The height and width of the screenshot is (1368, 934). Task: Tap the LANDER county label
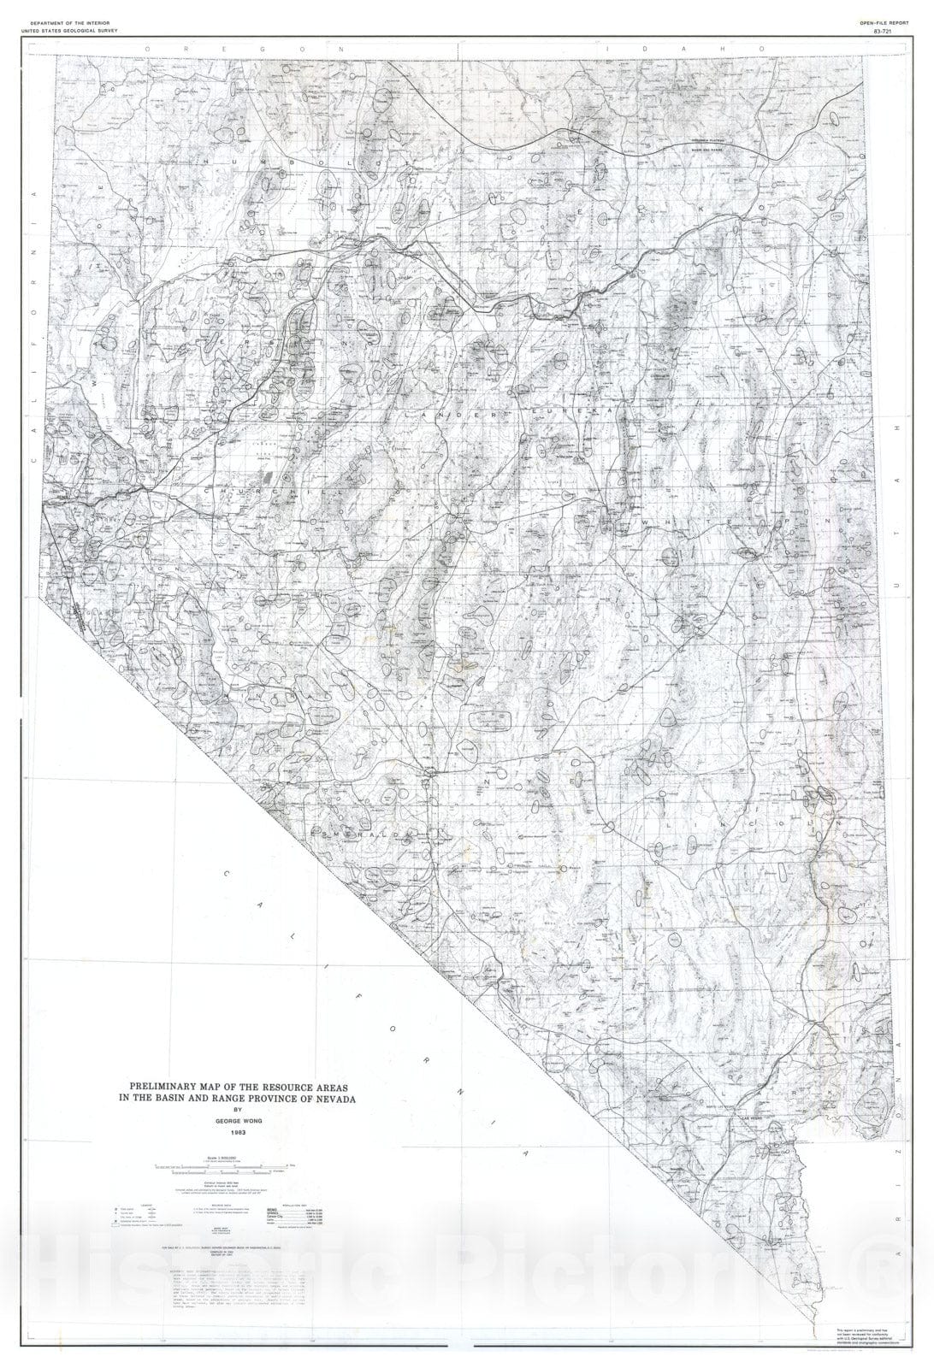(437, 413)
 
